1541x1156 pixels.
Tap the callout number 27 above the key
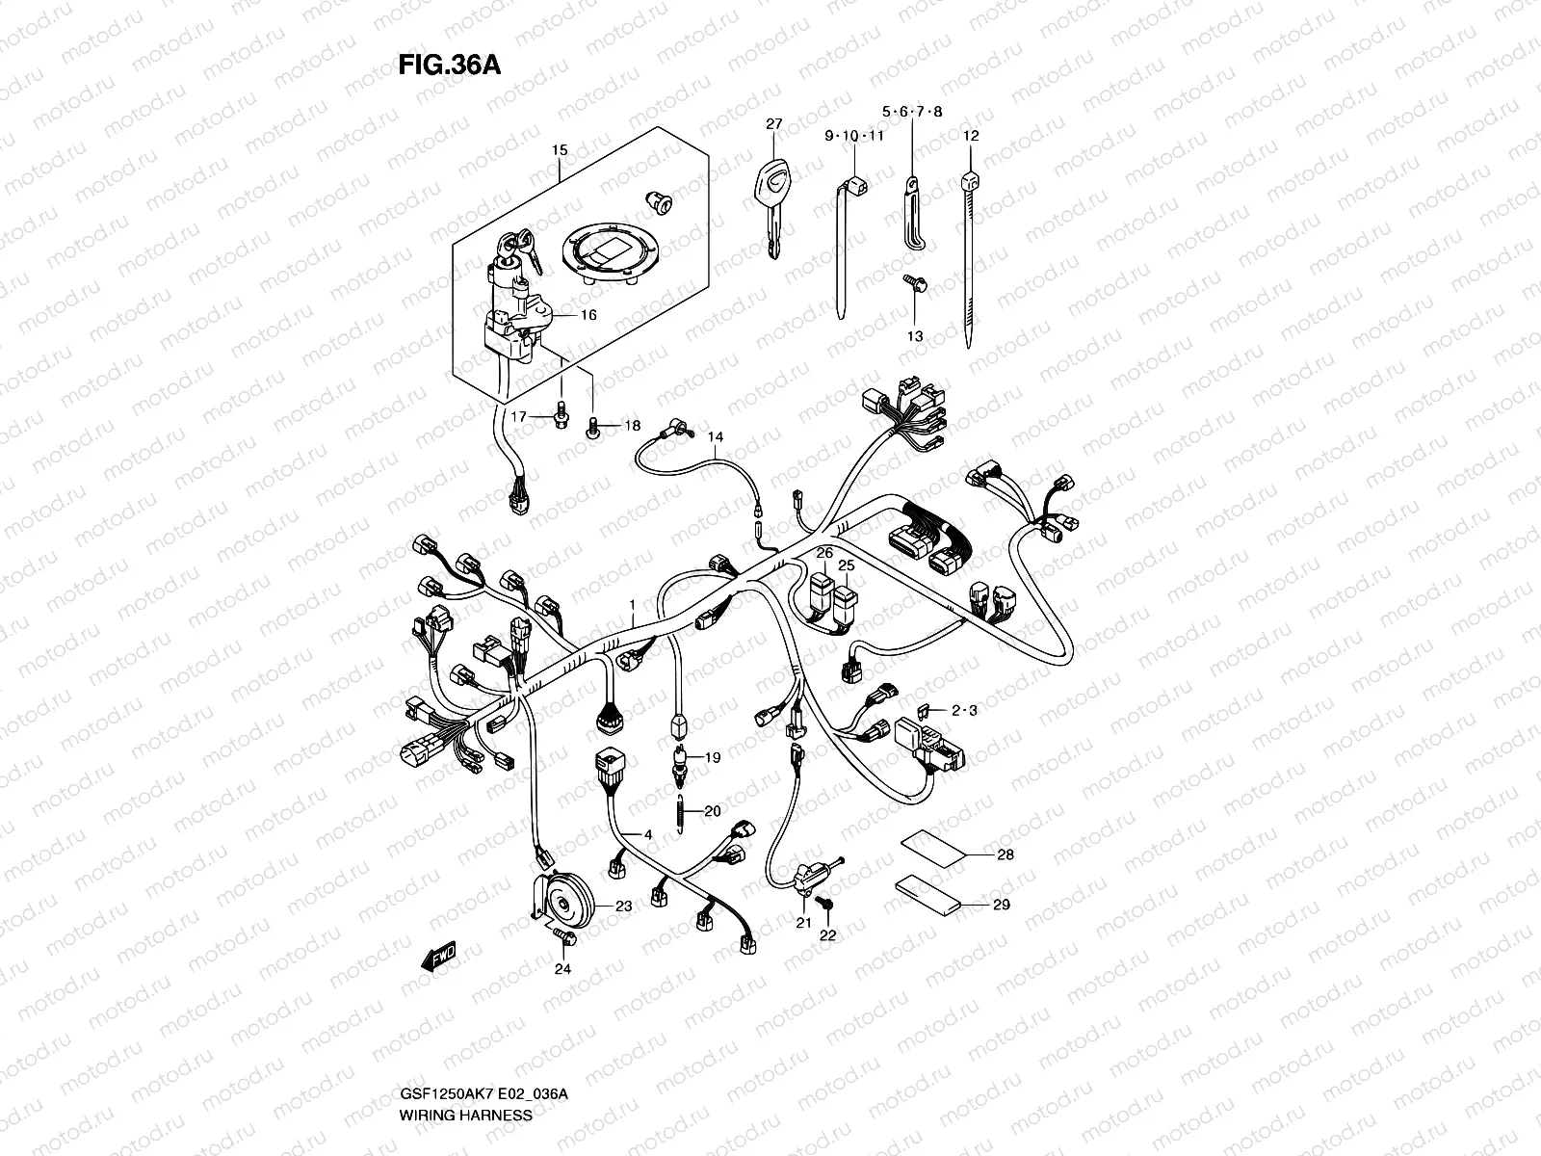coord(774,124)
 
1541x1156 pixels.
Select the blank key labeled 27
coord(770,207)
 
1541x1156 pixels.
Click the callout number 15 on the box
coord(560,150)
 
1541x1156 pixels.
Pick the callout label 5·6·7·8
coord(912,112)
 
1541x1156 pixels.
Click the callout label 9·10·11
coord(853,136)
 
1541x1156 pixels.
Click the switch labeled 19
coord(680,756)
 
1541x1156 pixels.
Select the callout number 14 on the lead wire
coord(716,436)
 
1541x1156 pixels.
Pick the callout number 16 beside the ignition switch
coord(588,315)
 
